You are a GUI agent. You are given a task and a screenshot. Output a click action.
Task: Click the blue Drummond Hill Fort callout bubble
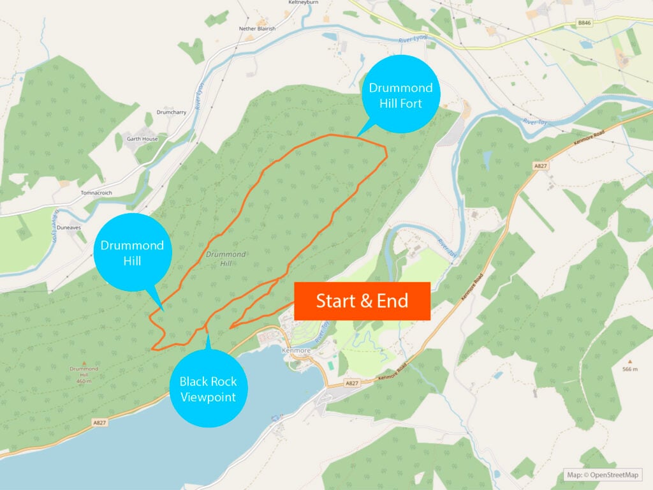(x=400, y=95)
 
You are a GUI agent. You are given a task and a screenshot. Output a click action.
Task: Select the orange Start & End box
(x=362, y=301)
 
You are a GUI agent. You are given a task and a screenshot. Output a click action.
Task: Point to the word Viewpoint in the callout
(x=208, y=397)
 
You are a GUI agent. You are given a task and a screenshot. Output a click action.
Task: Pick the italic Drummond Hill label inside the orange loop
(x=226, y=258)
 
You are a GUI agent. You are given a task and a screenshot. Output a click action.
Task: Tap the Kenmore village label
(x=295, y=350)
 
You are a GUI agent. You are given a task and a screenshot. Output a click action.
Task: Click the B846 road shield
(x=585, y=23)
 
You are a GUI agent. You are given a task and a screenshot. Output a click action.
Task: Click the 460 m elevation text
(x=84, y=382)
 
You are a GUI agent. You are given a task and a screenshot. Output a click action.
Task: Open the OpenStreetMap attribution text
(x=603, y=475)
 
